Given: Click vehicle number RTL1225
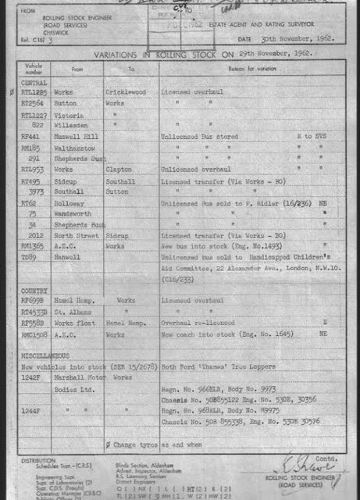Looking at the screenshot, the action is tap(34, 91).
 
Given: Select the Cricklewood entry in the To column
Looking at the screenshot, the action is tap(127, 91).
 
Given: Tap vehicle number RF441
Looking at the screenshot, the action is tap(30, 134).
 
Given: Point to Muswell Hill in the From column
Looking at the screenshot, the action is tap(76, 134).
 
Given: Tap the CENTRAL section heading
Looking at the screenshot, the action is tap(34, 80).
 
